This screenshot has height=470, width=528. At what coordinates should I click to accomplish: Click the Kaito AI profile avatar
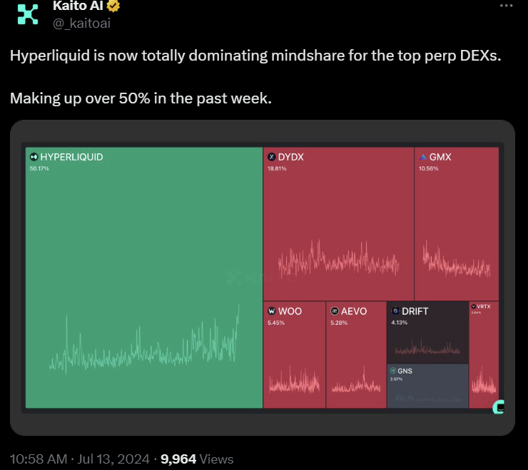(x=28, y=14)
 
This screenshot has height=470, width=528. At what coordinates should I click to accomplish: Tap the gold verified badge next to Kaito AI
(x=113, y=7)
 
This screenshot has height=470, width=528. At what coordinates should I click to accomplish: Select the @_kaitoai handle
(x=81, y=24)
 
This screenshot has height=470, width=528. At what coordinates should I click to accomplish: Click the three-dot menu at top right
(x=507, y=6)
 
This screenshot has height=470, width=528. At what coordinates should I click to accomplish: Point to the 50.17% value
(x=39, y=169)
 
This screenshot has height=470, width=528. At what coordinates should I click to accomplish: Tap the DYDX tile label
(x=290, y=157)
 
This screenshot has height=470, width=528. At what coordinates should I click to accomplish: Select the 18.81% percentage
(x=277, y=169)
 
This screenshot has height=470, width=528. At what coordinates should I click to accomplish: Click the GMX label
(x=440, y=157)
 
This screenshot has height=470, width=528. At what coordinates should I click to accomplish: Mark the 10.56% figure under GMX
(x=429, y=169)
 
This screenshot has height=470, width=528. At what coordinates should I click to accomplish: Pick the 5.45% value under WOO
(x=275, y=323)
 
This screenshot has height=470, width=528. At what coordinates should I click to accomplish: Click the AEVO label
(x=353, y=311)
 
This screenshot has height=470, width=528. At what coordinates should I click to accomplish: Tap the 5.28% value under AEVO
(x=339, y=323)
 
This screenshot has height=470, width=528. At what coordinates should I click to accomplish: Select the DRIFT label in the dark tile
(x=415, y=311)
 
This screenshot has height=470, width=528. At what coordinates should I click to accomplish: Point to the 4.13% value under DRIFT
(x=400, y=323)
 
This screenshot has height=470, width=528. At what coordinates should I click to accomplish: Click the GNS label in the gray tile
(x=405, y=372)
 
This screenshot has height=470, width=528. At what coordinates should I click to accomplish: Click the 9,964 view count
(x=178, y=459)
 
